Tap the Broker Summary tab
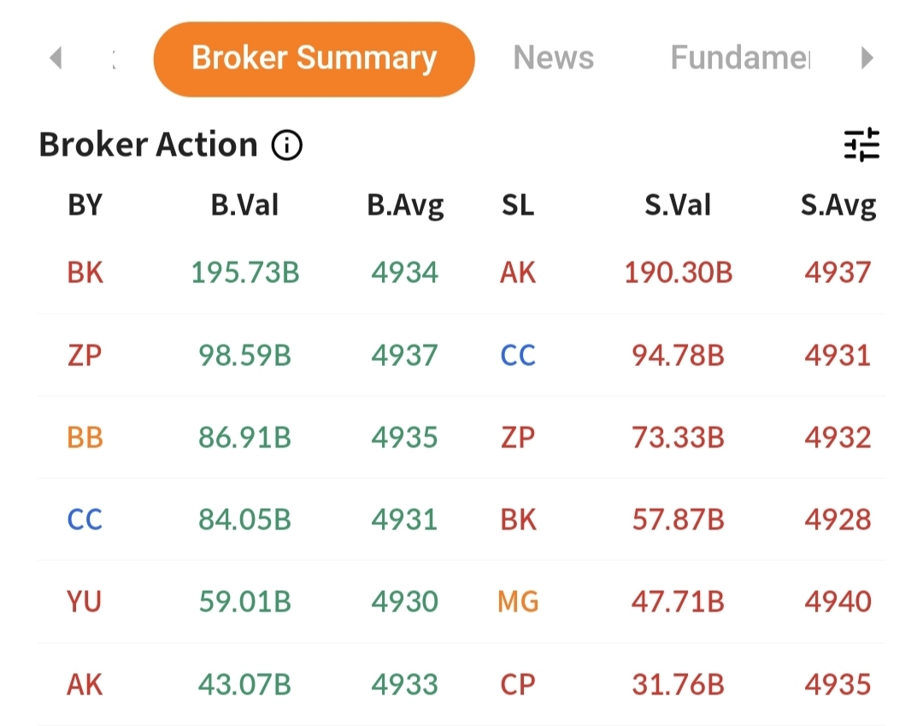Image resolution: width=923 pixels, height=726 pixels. [x=314, y=58]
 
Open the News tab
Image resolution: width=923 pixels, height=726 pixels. [x=553, y=58]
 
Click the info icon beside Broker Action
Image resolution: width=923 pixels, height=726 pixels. [x=287, y=146]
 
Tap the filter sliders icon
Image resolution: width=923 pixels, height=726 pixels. [x=861, y=145]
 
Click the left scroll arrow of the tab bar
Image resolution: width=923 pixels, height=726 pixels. [x=56, y=58]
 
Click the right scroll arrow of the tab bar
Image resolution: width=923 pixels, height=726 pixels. [x=867, y=58]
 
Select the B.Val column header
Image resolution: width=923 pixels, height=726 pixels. [x=245, y=205]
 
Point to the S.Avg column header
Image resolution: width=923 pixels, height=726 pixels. [x=838, y=205]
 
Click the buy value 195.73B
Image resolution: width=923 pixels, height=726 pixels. [x=245, y=273]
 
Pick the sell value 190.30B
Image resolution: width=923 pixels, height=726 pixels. [x=678, y=273]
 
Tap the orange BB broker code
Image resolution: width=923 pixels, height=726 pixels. [x=85, y=438]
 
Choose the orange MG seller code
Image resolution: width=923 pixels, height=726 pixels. [x=518, y=602]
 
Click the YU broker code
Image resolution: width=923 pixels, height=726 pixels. [x=85, y=602]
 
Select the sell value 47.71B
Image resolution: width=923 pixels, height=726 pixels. [x=678, y=602]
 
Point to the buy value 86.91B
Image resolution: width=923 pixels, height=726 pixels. [x=245, y=438]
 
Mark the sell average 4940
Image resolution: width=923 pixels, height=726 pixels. [x=838, y=602]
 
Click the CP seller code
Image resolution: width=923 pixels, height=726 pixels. [x=518, y=685]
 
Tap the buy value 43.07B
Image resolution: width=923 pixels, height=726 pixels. [x=245, y=685]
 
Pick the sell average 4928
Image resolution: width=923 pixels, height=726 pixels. [x=838, y=520]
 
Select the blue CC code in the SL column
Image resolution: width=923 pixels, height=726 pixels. [x=518, y=356]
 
